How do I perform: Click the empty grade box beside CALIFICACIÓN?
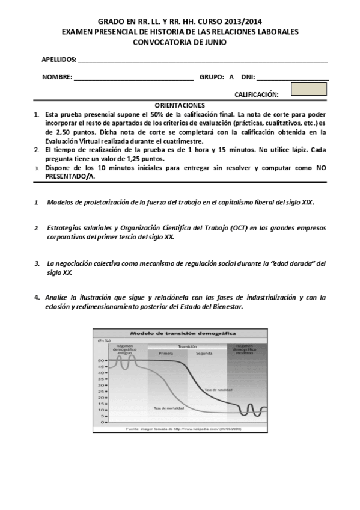click(x=308, y=89)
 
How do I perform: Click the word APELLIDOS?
click(x=59, y=60)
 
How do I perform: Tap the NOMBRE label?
click(x=57, y=77)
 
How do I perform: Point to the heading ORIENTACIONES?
click(x=180, y=105)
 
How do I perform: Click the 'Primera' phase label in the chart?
click(x=166, y=353)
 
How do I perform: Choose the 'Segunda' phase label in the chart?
click(x=205, y=353)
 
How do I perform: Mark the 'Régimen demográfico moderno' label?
click(x=246, y=349)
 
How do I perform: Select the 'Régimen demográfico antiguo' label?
click(x=125, y=349)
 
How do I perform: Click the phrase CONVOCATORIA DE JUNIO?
click(x=180, y=42)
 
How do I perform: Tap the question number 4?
click(x=37, y=297)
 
